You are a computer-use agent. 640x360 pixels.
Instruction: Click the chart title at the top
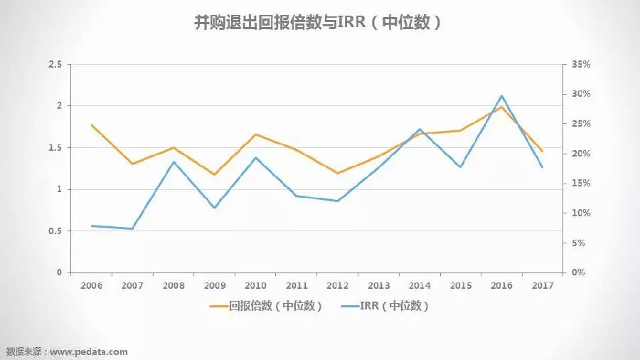coord(319,23)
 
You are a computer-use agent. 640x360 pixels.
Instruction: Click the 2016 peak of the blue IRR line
coord(502,95)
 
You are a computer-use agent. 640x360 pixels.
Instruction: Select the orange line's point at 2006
coord(92,125)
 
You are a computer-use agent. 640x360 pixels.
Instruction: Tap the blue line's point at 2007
coord(132,228)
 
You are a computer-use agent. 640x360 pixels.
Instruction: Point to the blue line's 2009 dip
coord(215,208)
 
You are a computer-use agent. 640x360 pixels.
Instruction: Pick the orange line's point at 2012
coord(337,173)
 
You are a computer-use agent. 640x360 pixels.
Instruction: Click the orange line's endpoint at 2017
coord(543,151)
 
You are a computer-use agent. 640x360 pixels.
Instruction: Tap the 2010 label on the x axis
coord(255,285)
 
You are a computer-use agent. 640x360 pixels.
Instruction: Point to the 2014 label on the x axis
coord(420,285)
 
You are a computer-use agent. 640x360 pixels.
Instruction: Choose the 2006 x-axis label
coord(91,285)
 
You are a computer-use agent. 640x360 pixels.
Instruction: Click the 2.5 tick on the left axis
coord(55,65)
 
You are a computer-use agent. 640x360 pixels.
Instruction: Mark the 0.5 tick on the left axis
coord(55,231)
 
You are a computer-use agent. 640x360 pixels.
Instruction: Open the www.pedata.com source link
coord(89,351)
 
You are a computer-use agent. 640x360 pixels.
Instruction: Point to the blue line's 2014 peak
coord(420,129)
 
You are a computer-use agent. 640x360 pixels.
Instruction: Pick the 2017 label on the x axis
coord(543,285)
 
